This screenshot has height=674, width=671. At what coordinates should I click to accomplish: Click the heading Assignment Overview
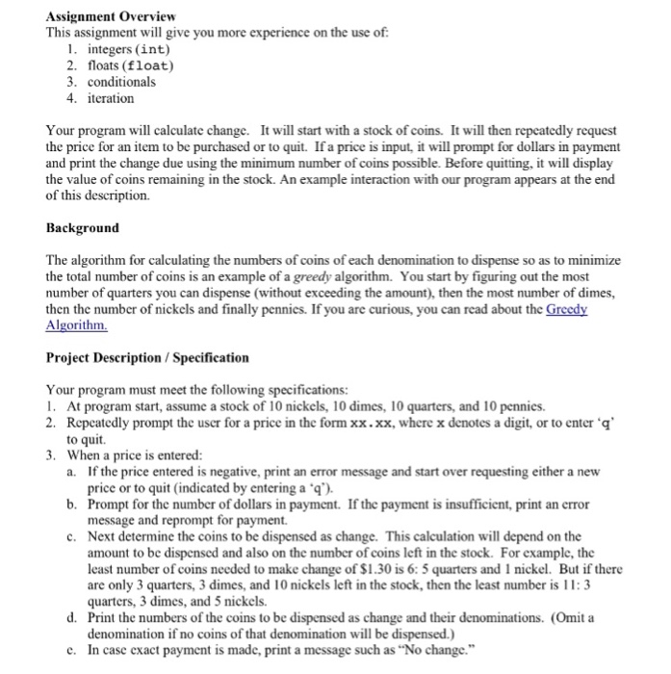pyautogui.click(x=111, y=17)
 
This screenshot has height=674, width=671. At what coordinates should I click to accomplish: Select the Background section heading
pyautogui.click(x=83, y=228)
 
